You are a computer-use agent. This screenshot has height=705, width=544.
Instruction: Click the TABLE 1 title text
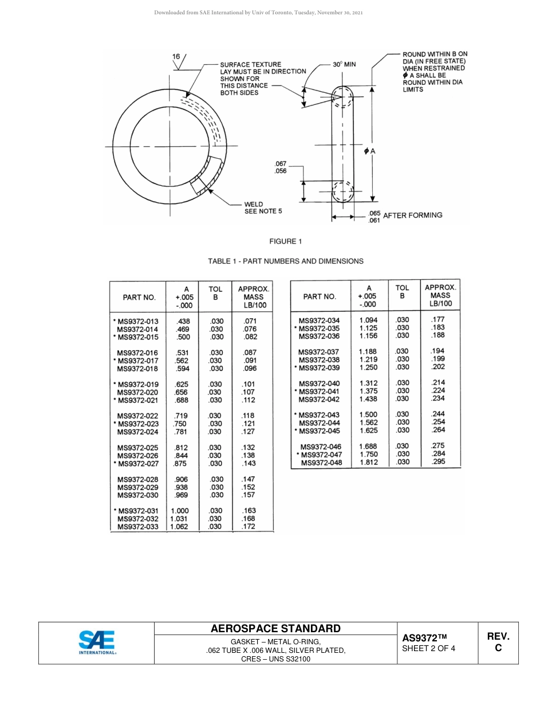click(x=285, y=261)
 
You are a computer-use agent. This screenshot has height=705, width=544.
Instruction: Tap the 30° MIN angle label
click(x=344, y=64)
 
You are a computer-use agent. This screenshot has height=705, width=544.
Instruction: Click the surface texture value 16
click(x=176, y=57)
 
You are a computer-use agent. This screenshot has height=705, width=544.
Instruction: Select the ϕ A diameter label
click(x=369, y=151)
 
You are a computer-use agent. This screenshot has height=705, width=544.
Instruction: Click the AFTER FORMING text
click(x=412, y=215)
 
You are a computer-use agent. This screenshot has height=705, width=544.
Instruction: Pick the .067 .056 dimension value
click(x=281, y=167)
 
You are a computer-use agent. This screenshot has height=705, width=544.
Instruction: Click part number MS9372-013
click(x=137, y=322)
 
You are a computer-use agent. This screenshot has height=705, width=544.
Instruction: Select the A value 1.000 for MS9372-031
click(x=180, y=511)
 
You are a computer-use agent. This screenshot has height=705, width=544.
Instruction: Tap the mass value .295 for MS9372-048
click(x=438, y=462)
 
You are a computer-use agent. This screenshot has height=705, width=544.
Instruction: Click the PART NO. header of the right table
click(x=320, y=296)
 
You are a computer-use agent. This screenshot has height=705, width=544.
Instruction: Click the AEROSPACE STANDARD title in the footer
click(x=275, y=628)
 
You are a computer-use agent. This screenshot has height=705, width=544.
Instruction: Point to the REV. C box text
click(x=498, y=642)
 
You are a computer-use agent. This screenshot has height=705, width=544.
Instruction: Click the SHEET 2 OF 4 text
click(x=428, y=649)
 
